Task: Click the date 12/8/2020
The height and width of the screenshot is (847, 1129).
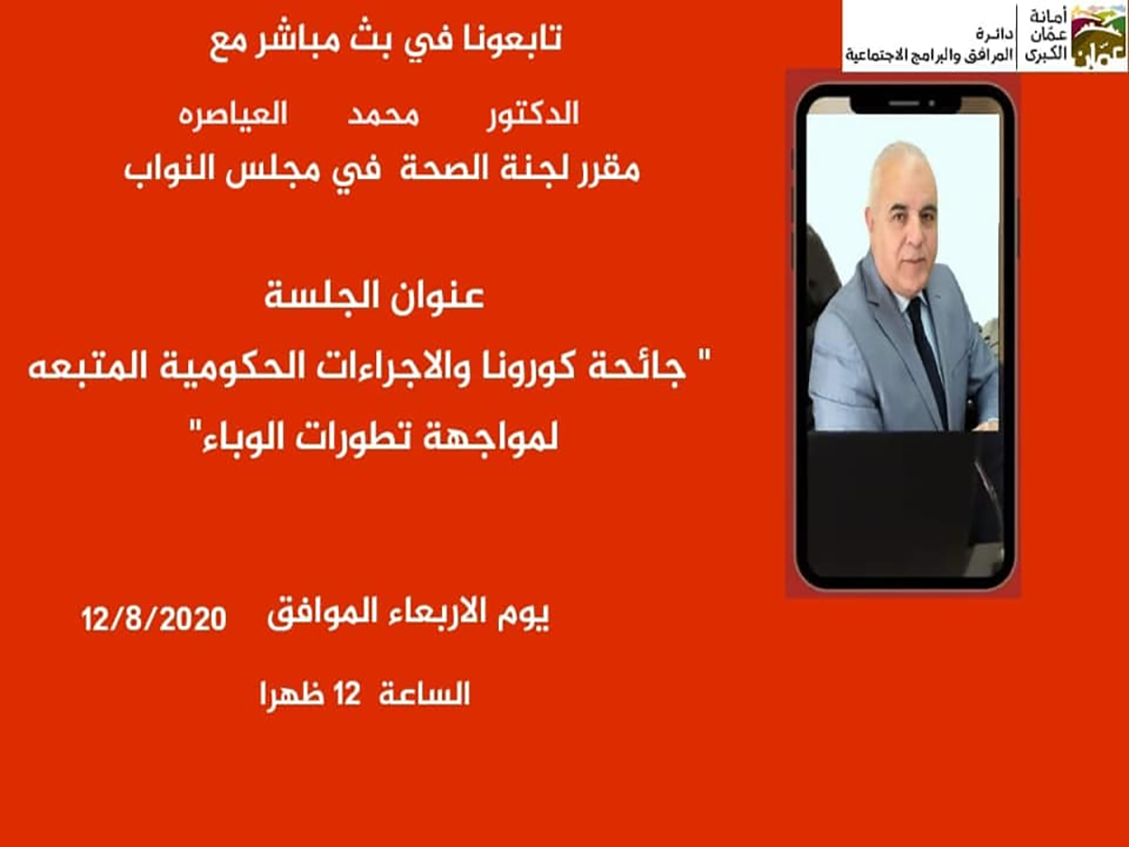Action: (x=153, y=618)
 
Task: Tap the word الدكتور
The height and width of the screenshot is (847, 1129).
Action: (x=533, y=114)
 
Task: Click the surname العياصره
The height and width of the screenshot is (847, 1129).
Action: (x=233, y=115)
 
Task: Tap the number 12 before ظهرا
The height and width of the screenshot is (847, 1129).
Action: (x=347, y=694)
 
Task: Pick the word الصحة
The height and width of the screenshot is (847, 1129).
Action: (x=444, y=168)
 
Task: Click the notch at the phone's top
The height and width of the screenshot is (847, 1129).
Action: (x=905, y=104)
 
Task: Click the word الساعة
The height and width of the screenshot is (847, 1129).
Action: (x=424, y=694)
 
